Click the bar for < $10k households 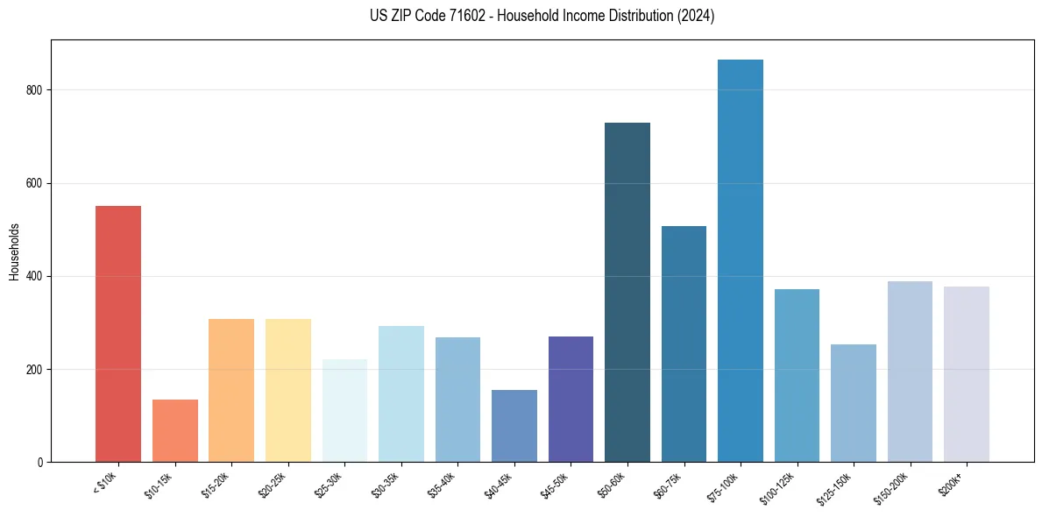pyautogui.click(x=118, y=334)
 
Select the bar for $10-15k pyautogui.click(x=175, y=430)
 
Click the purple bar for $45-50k pyautogui.click(x=571, y=399)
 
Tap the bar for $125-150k pyautogui.click(x=854, y=403)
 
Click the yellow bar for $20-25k pyautogui.click(x=288, y=390)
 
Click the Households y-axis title pyautogui.click(x=14, y=251)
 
